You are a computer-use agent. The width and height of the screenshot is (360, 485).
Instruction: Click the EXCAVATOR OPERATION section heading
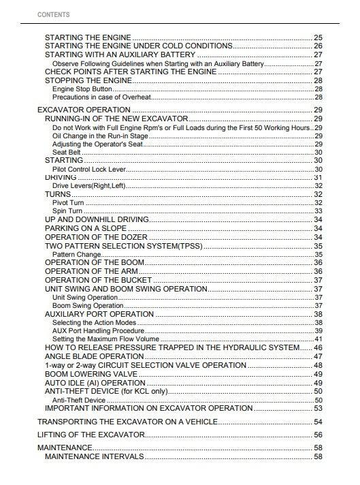coord(84,110)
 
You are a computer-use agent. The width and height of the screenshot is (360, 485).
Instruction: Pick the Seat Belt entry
coord(67,152)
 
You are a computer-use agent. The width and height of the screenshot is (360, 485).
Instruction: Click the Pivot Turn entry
coord(68,202)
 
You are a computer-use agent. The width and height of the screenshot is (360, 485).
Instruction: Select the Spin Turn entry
coord(67,211)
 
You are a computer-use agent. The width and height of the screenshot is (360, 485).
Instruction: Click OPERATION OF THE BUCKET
coord(98,280)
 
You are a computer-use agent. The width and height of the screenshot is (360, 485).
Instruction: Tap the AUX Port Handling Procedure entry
coord(98,330)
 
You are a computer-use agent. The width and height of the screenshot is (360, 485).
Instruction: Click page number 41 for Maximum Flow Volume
coord(318,339)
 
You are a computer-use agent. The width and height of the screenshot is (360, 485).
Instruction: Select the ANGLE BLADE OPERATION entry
coord(94,356)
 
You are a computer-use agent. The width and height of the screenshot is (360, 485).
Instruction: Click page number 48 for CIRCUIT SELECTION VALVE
coord(318,365)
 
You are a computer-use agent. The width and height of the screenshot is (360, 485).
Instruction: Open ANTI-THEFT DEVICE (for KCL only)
coord(105,392)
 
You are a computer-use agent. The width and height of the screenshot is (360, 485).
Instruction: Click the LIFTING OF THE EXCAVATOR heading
coord(91,435)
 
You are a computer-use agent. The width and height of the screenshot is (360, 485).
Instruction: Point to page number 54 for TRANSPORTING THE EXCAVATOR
coord(318,422)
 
